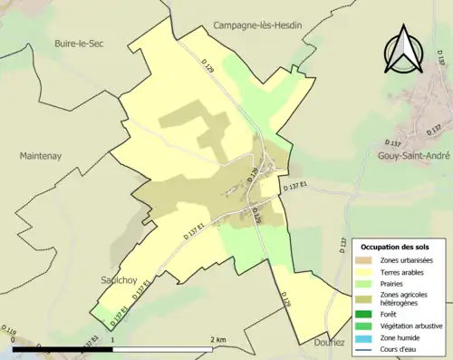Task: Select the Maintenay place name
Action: tap(39, 156)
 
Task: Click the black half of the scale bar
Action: tap(63, 347)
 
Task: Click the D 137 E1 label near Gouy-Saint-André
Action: tap(295, 187)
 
